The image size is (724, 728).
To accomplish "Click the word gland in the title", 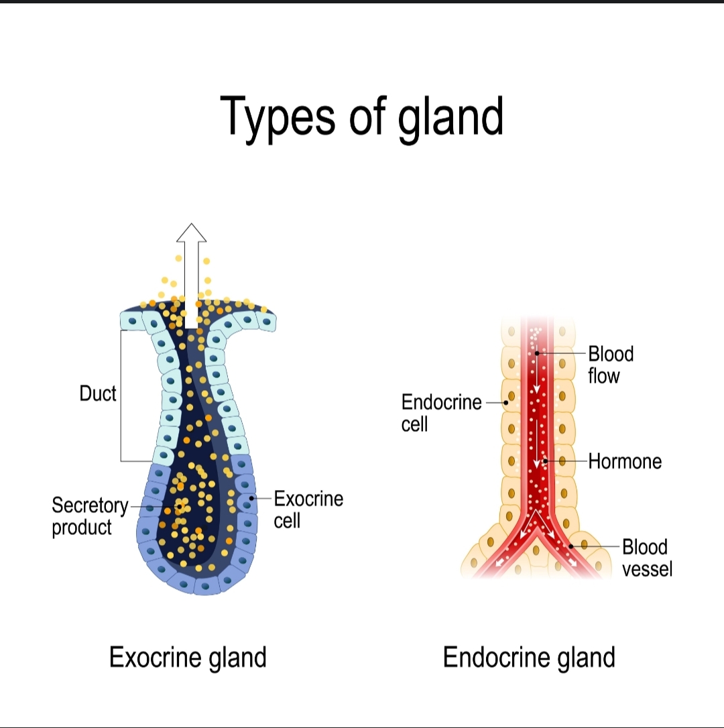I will point(450,116).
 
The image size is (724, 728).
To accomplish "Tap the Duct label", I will point(98,393).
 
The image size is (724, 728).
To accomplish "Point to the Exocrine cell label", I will point(308,509).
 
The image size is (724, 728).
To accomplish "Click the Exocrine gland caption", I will point(188,657).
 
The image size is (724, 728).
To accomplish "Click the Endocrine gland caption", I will point(529,657).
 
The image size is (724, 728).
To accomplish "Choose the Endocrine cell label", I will point(440,413).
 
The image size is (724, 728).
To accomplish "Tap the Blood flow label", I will point(610,365).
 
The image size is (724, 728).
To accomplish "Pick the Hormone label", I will point(625,461).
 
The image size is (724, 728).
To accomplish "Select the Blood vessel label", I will point(646,558).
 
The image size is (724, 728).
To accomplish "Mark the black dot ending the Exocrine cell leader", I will point(252,499).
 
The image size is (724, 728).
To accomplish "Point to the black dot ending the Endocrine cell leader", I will point(505,402).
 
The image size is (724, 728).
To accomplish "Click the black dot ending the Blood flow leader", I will point(538,353).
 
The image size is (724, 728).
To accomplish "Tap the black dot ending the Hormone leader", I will point(544,461).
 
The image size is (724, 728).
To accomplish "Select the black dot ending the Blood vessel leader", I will point(571,547).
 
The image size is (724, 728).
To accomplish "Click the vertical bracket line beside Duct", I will point(121,396).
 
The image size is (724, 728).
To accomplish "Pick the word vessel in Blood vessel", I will point(647,569).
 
